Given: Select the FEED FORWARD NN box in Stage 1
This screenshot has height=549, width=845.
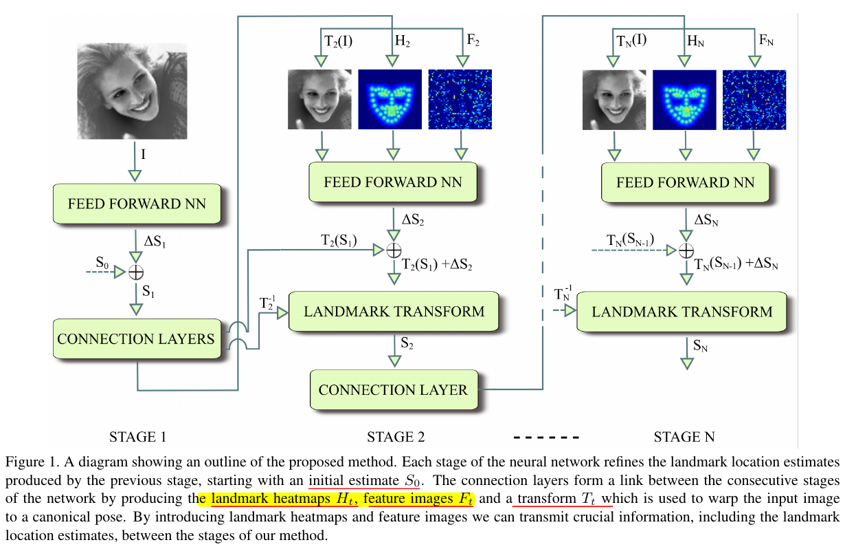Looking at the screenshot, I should [x=136, y=204].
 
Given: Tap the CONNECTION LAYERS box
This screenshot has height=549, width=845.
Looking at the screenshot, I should [x=136, y=338].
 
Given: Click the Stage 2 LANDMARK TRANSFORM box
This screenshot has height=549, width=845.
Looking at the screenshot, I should [x=394, y=312].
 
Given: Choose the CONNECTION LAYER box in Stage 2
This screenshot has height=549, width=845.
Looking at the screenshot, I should [x=392, y=389].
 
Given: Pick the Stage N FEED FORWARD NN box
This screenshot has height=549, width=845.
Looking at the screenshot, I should [x=685, y=182].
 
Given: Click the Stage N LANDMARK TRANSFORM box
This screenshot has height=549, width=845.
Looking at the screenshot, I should [x=681, y=312].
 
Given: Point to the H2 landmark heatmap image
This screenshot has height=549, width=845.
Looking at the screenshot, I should [x=390, y=99].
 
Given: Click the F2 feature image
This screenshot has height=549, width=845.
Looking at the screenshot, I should [x=460, y=99].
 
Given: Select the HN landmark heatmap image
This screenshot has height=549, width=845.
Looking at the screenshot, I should [x=684, y=99].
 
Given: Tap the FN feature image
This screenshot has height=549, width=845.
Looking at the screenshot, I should [x=754, y=99].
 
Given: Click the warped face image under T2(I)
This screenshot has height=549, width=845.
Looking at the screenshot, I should [x=319, y=99].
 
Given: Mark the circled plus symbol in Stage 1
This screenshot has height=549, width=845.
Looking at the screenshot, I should [x=136, y=272].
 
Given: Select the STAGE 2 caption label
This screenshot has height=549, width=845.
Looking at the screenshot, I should [x=396, y=437].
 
